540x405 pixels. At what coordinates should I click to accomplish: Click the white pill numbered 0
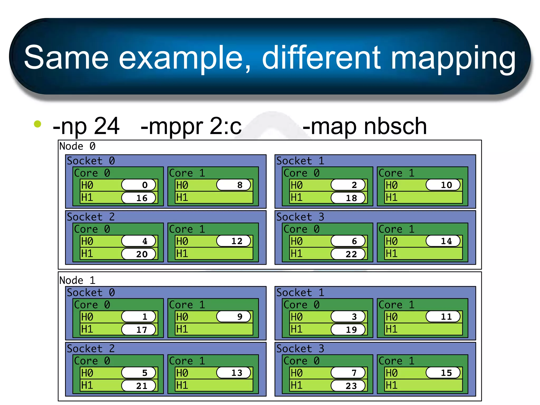pos(139,185)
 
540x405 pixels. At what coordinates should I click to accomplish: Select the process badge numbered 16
pos(139,198)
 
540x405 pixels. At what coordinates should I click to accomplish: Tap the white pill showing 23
pos(348,386)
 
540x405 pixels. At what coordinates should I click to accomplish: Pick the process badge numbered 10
pos(443,185)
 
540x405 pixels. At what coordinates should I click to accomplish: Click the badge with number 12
pos(234,241)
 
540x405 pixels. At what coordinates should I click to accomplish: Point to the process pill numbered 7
pos(348,373)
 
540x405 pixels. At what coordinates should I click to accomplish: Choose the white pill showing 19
pos(348,330)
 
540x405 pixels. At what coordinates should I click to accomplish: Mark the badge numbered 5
pos(139,373)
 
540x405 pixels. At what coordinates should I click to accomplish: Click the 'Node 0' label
pos(77,146)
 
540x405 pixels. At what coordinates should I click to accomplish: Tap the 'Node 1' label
pos(77,280)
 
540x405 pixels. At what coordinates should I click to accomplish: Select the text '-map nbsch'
pos(365,126)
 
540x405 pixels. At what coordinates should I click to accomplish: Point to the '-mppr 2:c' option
pos(191,126)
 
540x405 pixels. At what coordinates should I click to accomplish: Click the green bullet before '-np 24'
pos(38,124)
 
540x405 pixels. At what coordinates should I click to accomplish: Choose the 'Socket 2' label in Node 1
pos(90,349)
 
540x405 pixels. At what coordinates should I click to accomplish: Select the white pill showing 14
pos(443,241)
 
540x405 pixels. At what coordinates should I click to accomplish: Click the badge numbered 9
pos(234,317)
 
